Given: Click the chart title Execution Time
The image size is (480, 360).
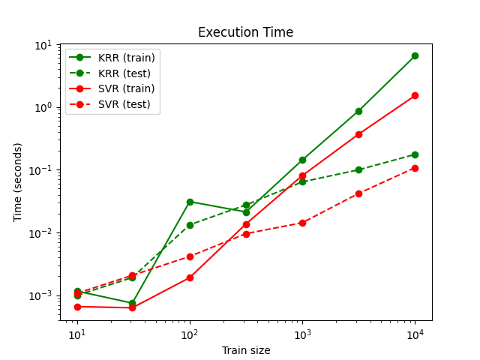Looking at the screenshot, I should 245,33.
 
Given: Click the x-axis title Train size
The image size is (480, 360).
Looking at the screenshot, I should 245,350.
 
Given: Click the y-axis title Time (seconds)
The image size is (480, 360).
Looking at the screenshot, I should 18,182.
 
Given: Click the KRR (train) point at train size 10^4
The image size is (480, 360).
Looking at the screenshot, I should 415,55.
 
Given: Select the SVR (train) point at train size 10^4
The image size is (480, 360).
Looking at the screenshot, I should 415,95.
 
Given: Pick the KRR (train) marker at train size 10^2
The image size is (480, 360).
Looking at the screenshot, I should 190,202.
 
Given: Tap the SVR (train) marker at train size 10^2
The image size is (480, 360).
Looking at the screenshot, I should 190,277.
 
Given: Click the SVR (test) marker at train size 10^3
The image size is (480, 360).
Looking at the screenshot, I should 302,223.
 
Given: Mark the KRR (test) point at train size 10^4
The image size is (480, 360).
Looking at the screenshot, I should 415,154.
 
